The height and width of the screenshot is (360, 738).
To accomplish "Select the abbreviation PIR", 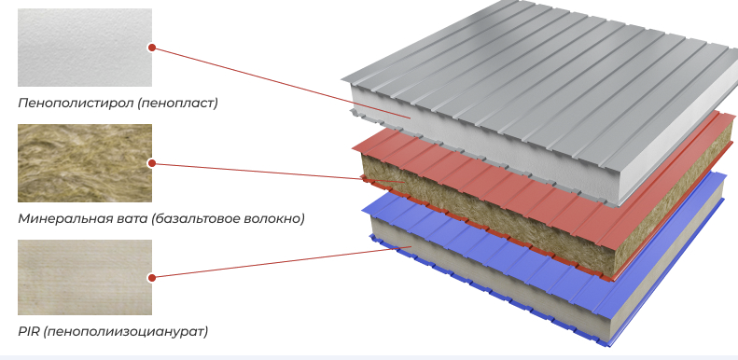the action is (x=28, y=331).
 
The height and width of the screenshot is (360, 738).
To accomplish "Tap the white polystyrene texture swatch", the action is (x=85, y=48).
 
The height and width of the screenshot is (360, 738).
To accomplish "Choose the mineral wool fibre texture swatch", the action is (x=85, y=163).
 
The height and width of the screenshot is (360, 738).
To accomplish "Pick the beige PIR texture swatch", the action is (x=85, y=277).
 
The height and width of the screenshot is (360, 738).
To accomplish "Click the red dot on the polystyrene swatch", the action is (x=151, y=48).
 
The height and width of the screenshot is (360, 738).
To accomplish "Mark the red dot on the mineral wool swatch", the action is (x=151, y=163).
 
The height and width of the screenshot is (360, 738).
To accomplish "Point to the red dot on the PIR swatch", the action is (x=151, y=278).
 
